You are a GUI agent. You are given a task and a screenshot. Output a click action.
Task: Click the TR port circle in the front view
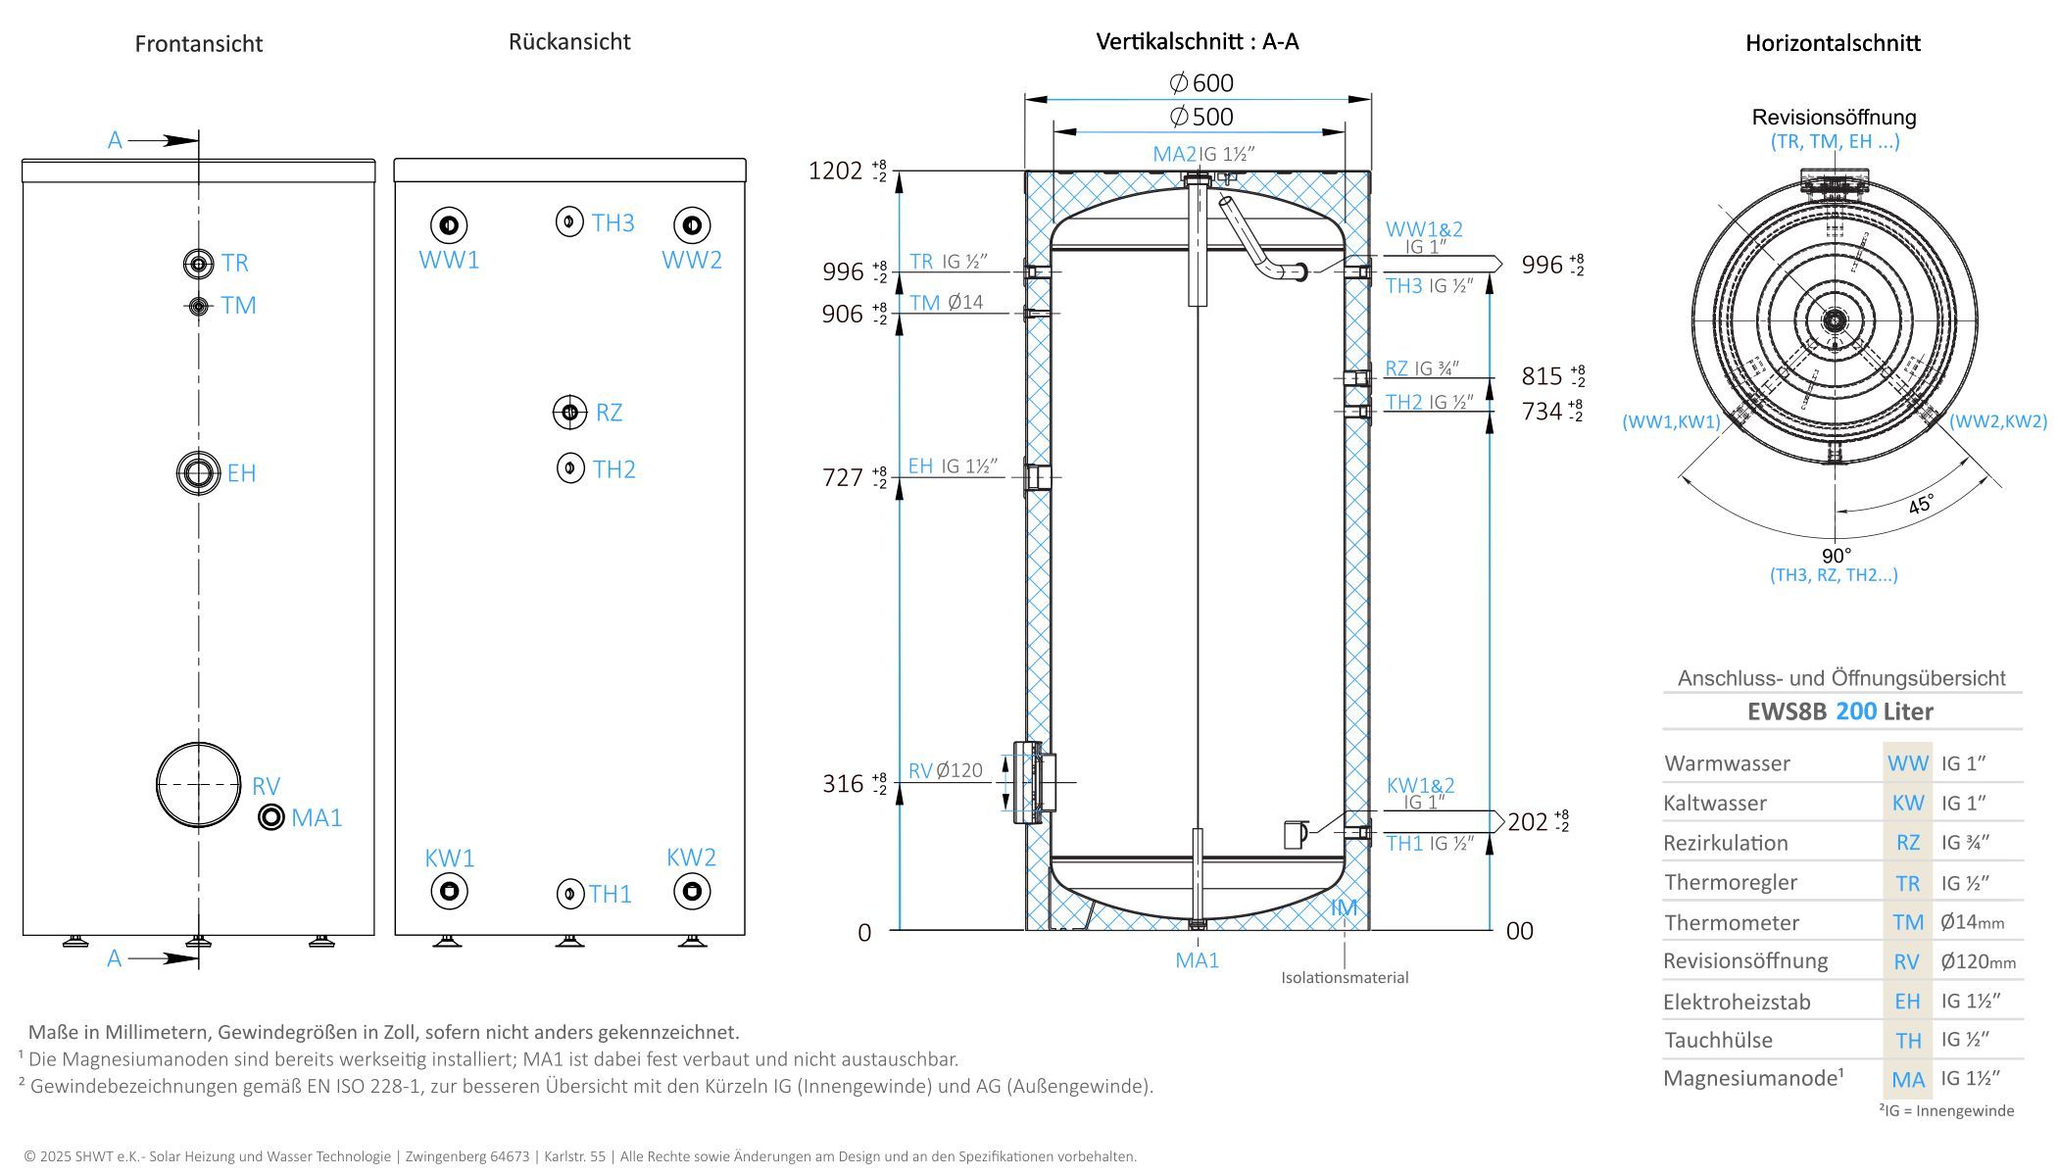[199, 263]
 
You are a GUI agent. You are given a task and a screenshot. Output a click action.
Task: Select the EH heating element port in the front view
[199, 472]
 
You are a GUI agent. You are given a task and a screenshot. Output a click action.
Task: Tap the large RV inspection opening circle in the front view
[199, 784]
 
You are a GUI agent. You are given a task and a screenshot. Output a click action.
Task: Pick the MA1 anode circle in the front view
[271, 817]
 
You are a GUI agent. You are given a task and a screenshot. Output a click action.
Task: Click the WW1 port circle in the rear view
[449, 225]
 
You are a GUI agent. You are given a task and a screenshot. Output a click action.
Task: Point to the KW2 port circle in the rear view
[692, 892]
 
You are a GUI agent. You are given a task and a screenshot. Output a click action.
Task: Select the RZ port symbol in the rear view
[569, 413]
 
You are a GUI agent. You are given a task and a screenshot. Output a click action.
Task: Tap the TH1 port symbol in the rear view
[569, 894]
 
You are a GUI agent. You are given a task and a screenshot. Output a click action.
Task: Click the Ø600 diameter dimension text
[1202, 83]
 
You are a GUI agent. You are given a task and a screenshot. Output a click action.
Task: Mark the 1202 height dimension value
[835, 171]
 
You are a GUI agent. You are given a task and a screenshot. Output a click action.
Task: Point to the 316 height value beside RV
[843, 784]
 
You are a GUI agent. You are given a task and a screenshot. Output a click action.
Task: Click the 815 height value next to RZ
[1542, 376]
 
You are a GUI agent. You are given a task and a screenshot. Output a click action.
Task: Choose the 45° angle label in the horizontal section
[1921, 505]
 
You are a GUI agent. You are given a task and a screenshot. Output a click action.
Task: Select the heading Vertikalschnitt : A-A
[1197, 41]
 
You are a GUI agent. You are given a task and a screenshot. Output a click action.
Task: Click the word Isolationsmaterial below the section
[1345, 977]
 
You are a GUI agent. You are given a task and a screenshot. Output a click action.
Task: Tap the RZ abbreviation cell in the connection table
[1907, 843]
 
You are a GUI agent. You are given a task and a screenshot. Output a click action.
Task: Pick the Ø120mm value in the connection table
[1978, 961]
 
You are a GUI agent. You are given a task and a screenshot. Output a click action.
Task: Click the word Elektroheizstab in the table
[1737, 1002]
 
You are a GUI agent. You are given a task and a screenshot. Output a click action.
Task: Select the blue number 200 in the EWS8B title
[1856, 711]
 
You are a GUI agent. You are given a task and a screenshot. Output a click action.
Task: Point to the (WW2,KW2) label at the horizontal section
[1997, 421]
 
